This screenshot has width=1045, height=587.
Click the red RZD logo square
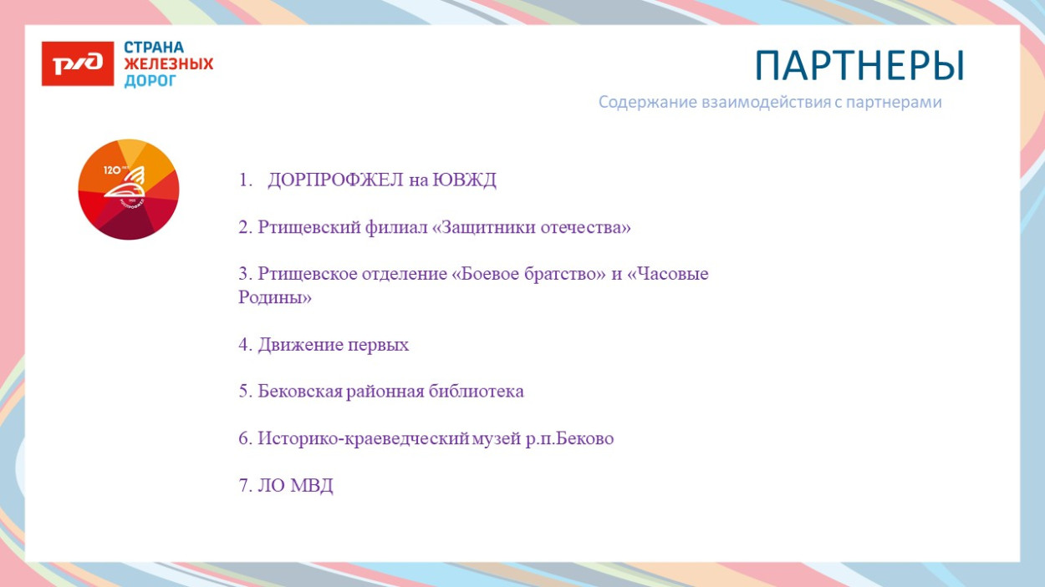(x=78, y=63)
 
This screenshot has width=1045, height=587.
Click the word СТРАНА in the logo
(x=154, y=48)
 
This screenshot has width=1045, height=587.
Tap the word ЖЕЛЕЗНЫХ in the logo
(x=169, y=64)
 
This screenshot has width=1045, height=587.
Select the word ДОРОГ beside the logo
(x=150, y=81)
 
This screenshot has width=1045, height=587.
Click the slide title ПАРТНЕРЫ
(x=859, y=66)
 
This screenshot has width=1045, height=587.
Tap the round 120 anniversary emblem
(x=129, y=190)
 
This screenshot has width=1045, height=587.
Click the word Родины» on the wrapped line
(x=275, y=297)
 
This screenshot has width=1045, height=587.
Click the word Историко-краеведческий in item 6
(x=362, y=438)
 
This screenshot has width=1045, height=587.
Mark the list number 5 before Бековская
(x=244, y=392)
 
